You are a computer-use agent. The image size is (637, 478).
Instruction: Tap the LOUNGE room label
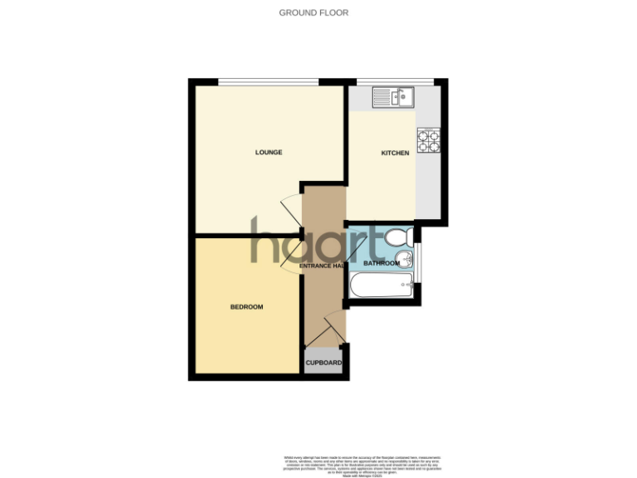268,153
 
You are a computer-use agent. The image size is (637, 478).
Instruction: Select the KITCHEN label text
395,154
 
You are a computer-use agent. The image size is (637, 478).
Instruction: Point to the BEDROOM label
246,307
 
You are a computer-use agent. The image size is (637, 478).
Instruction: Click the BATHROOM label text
382,264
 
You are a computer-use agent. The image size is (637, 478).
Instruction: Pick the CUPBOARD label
323,363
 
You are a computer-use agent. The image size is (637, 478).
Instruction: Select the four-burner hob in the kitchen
428,140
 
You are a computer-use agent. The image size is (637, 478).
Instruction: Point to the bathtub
382,286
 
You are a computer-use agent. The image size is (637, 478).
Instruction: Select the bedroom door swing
291,256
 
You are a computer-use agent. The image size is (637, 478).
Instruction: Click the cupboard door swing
333,327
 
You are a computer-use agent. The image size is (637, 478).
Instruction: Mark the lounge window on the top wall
269,81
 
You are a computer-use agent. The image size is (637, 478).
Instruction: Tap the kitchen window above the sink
395,81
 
